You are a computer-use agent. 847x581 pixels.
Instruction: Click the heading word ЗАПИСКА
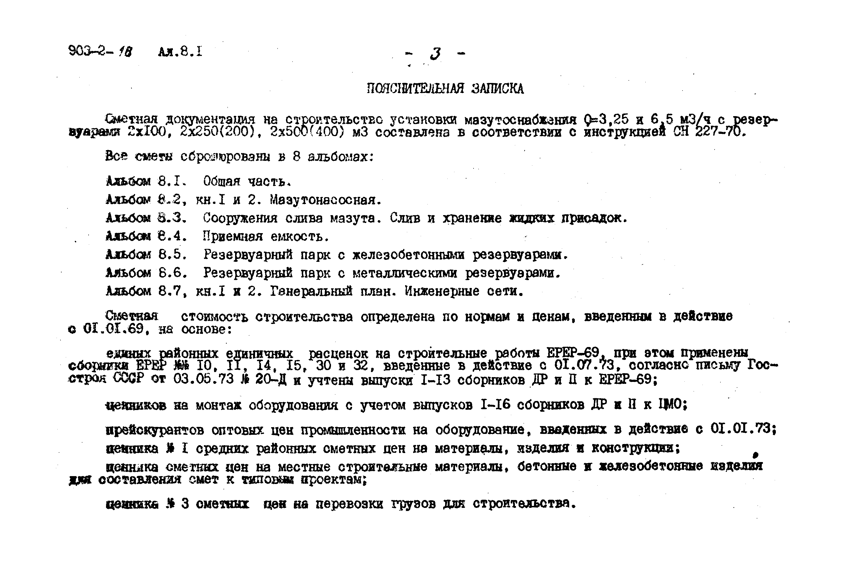coord(497,89)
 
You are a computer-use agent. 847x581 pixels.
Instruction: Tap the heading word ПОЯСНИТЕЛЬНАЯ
coord(415,89)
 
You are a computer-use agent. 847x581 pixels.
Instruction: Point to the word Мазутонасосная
coord(325,199)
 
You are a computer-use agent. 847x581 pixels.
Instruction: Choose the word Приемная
coord(233,237)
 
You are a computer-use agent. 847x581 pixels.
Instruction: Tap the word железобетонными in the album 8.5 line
coord(409,255)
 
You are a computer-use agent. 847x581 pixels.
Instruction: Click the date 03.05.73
coord(203,379)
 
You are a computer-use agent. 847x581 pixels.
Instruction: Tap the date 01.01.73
coord(743,428)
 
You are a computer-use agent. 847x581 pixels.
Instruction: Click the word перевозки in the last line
coord(349,504)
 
